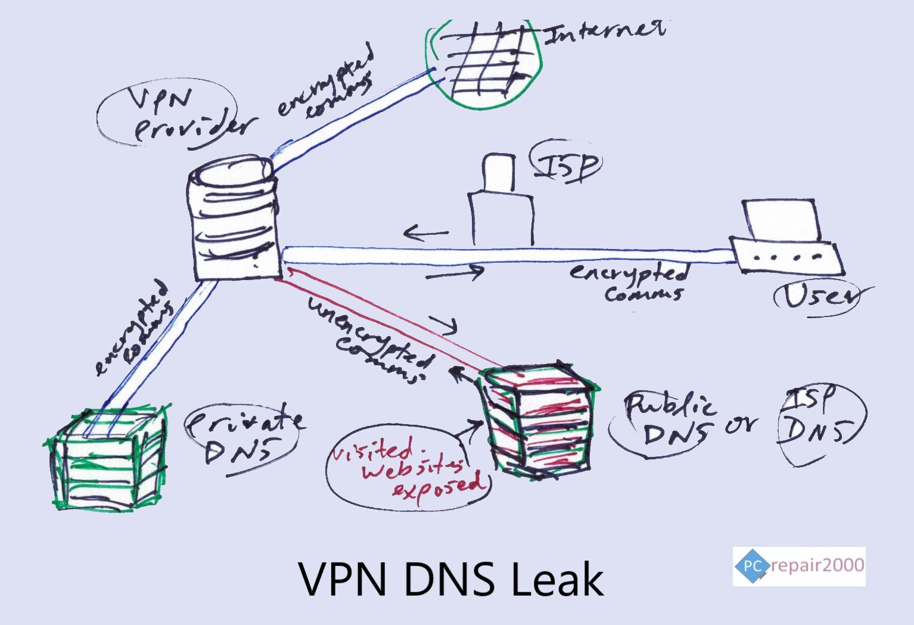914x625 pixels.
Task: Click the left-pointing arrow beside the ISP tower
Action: click(425, 233)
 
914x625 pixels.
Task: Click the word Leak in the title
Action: click(558, 579)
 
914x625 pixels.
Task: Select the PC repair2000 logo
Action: click(798, 565)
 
